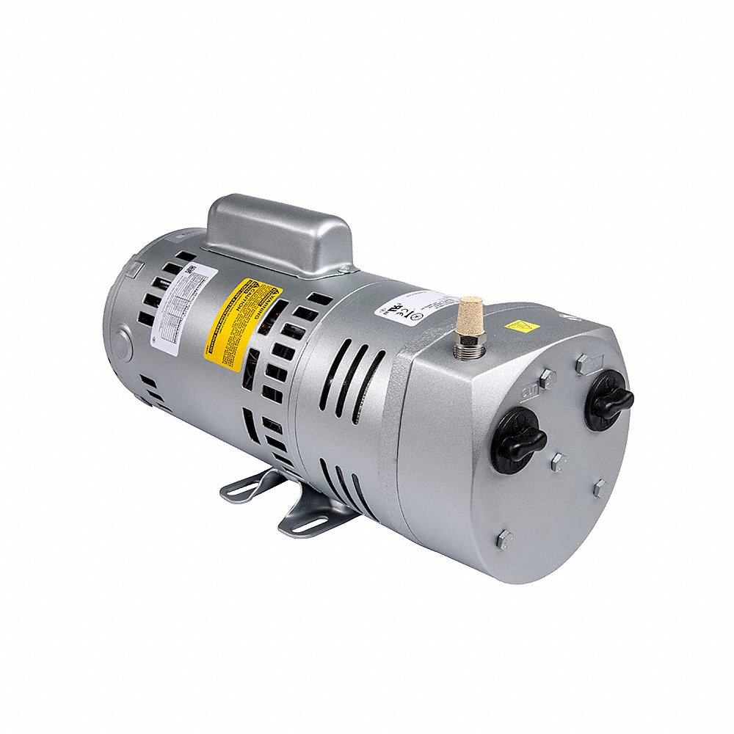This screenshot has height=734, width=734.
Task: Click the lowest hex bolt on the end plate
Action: (x=505, y=539)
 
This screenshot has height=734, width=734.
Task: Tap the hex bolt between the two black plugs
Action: (x=559, y=462)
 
